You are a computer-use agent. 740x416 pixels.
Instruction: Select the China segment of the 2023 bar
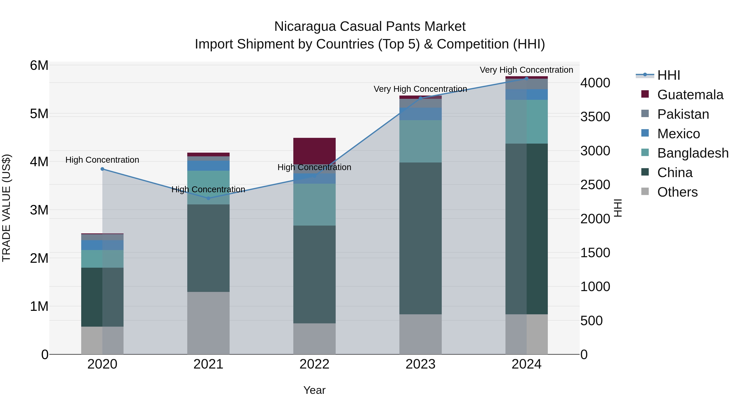(420, 238)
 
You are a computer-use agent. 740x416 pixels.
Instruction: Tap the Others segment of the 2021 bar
(208, 323)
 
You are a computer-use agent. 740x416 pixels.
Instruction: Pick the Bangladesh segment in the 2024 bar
(526, 122)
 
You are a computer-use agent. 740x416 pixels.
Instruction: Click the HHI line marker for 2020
(102, 169)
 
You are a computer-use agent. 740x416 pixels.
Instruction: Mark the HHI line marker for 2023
(420, 98)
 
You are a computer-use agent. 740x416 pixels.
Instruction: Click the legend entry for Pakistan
(683, 114)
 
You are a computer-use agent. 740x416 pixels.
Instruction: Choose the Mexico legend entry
(678, 134)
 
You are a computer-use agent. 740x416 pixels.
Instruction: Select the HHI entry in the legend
(668, 75)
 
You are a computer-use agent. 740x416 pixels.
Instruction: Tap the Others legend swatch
(645, 191)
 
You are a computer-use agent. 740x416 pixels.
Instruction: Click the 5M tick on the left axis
(39, 114)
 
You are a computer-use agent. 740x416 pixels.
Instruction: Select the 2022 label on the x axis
(314, 364)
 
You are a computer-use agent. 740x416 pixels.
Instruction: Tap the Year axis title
(314, 390)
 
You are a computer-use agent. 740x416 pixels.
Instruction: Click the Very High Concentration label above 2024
(526, 70)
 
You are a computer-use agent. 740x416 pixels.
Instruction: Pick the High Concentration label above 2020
(102, 160)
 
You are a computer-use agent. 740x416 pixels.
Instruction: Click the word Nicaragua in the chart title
(305, 27)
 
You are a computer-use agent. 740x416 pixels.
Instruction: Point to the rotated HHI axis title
(618, 208)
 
